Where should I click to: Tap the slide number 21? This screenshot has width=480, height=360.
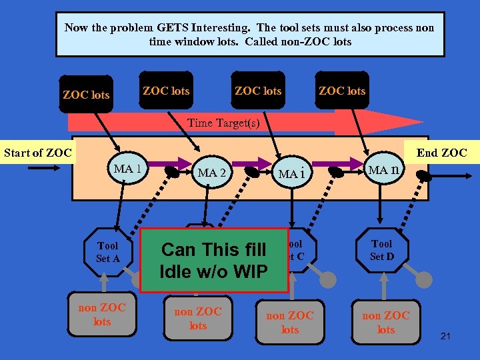tap(446, 336)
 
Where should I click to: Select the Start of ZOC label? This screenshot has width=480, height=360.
tap(38, 153)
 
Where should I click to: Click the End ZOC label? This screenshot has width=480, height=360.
tap(442, 153)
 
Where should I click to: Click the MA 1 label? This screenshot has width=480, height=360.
tap(127, 168)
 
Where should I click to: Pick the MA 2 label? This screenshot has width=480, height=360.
tap(213, 173)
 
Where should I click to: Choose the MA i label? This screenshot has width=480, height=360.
tap(291, 174)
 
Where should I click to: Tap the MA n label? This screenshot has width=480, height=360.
tap(384, 170)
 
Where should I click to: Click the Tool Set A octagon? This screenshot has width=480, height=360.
tap(107, 252)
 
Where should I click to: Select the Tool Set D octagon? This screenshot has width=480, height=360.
tap(382, 250)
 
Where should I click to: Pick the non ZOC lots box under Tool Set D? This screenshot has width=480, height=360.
tap(386, 322)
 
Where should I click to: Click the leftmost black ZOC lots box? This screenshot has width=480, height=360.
tap(86, 95)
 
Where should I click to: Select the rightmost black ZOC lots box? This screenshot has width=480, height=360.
tap(342, 91)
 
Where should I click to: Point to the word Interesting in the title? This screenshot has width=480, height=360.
tap(221, 27)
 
